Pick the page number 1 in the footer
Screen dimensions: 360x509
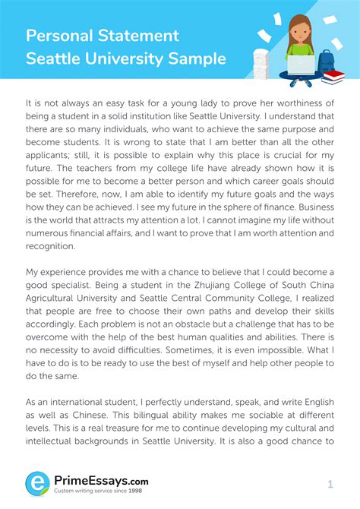coord(330,484)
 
